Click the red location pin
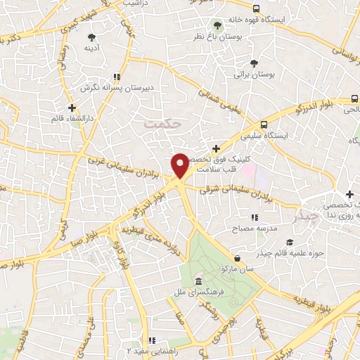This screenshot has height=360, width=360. pyautogui.click(x=180, y=166)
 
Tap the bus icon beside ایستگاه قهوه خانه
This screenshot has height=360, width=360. pyautogui.click(x=255, y=9)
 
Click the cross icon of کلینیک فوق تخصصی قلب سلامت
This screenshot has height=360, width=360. pyautogui.click(x=216, y=148)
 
